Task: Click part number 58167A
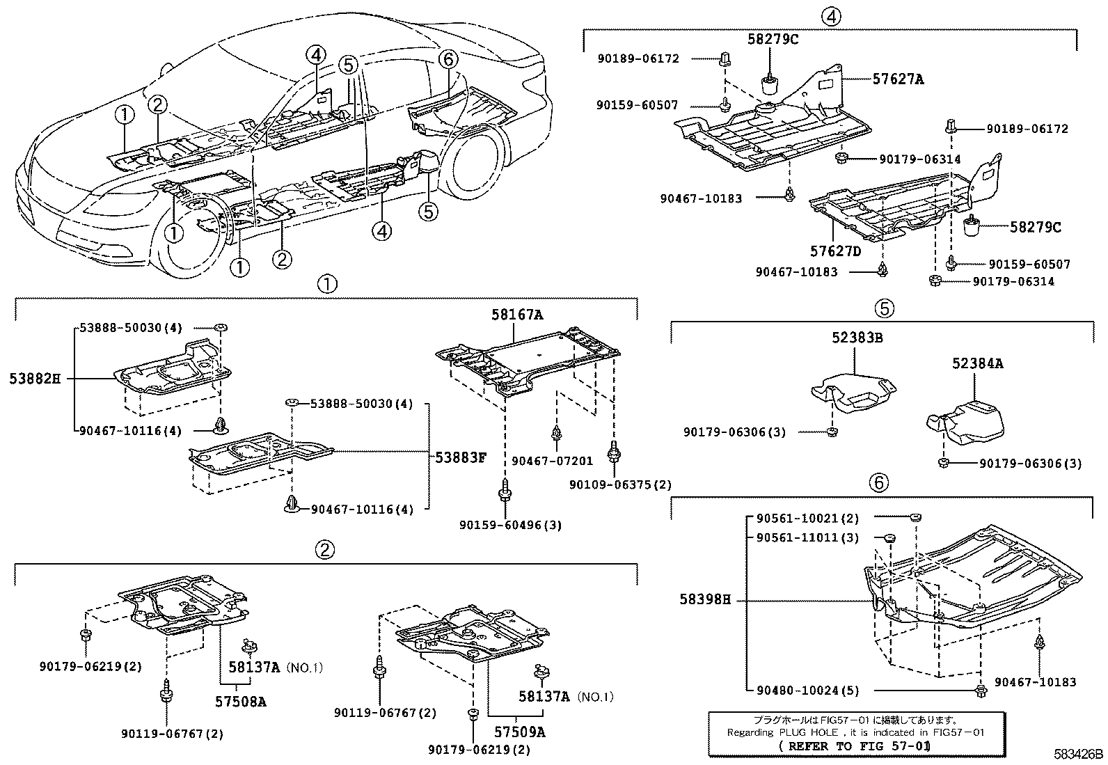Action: click(517, 315)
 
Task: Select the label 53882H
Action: click(35, 379)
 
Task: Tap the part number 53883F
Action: click(461, 457)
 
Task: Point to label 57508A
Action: click(240, 702)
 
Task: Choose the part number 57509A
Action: click(519, 732)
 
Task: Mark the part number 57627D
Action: click(834, 251)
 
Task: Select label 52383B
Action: click(857, 338)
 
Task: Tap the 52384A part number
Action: click(978, 363)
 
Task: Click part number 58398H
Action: click(705, 599)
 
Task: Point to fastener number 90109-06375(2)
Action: click(620, 484)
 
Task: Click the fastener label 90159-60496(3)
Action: click(510, 525)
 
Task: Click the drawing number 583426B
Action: click(1078, 754)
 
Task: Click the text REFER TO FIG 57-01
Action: click(855, 746)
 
